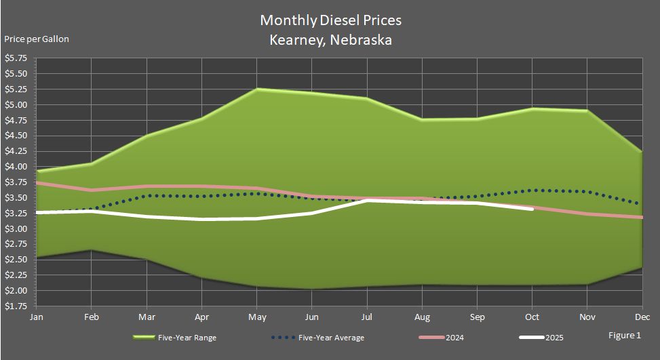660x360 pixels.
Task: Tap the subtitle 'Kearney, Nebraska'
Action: [330, 40]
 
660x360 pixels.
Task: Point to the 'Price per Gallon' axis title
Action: [37, 39]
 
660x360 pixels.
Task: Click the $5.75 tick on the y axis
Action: [16, 58]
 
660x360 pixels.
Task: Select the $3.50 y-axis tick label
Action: [16, 198]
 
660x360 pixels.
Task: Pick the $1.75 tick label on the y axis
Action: [16, 306]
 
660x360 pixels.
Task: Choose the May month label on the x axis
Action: [256, 316]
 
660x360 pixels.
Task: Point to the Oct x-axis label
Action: [532, 316]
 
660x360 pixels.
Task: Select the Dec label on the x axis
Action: [642, 316]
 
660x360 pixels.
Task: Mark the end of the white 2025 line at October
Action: [532, 209]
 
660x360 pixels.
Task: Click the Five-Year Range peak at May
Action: [256, 89]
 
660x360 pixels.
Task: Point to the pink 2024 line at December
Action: [641, 218]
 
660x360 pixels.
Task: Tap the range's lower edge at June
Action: [312, 289]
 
